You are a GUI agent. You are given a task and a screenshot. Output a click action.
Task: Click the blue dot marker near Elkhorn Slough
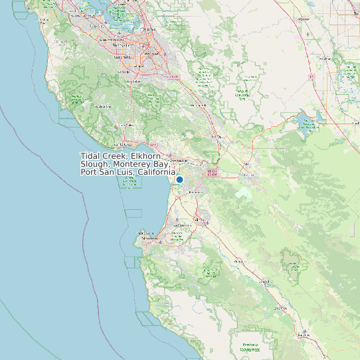pos(179,179)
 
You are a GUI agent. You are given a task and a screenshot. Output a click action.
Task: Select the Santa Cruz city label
pos(124,144)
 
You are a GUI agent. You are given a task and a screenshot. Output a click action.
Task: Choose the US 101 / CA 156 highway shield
pos(213,173)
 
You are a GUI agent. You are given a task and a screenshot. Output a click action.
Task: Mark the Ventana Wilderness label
pos(250,346)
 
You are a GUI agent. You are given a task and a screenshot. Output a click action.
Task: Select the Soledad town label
pos(264,282)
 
